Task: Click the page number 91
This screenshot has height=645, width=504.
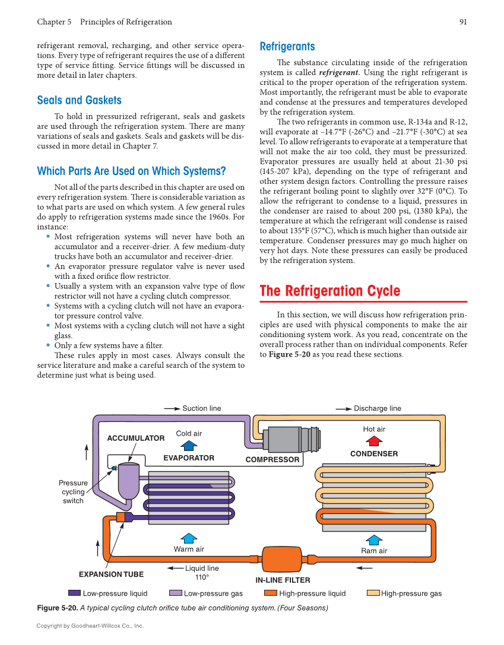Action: coord(463,22)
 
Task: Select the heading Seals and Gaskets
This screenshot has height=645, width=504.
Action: coord(79,100)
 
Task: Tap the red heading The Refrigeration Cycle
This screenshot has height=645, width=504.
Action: coord(330,291)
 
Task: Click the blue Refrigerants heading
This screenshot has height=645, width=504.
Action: coord(287,46)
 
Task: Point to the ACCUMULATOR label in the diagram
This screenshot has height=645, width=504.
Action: coord(135,438)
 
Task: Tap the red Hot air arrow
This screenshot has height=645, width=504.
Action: coord(374,441)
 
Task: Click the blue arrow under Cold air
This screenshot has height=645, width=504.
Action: coord(189,446)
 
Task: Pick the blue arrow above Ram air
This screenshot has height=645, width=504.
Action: coord(374,539)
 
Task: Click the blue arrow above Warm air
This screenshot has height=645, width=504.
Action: coord(189,538)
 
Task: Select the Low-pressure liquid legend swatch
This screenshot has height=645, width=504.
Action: coord(74,593)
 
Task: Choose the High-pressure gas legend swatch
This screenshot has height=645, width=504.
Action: coord(373,593)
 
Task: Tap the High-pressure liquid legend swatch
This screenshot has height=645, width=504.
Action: coord(270,593)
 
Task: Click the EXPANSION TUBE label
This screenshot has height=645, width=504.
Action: coord(111,574)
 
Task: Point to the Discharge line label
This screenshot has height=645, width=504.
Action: coord(377,408)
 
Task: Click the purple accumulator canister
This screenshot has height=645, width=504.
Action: coord(128,481)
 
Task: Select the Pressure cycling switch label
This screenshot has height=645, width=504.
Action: coord(73,492)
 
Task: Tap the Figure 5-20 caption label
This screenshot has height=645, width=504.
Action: coord(56,608)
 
